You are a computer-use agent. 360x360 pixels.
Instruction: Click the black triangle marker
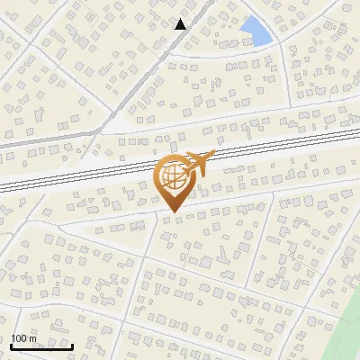tap(181, 24)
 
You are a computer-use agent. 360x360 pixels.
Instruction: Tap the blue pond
tap(258, 31)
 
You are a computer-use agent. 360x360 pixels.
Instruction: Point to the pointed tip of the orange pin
tap(172, 212)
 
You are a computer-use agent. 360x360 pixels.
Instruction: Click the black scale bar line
tap(41, 346)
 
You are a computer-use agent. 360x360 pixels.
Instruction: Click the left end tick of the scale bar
tap(11, 345)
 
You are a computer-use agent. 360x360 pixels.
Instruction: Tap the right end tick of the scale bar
tap(73, 345)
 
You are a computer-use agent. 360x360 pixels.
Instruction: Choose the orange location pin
tap(172, 180)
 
